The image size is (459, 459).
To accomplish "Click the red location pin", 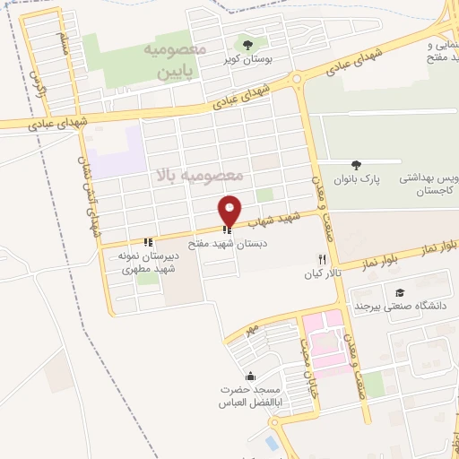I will coord(230,210).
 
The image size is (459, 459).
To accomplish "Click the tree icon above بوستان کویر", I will coord(247,44).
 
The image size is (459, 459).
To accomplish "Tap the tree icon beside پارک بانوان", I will coord(357,165).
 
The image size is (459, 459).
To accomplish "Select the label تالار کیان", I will coord(321,271).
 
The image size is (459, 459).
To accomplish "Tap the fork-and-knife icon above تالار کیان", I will coord(321,258).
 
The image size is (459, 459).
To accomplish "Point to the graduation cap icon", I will coord(400,292).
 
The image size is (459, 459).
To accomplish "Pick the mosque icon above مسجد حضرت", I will coord(250,377).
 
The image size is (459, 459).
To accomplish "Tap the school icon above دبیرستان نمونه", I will coord(149,242).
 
